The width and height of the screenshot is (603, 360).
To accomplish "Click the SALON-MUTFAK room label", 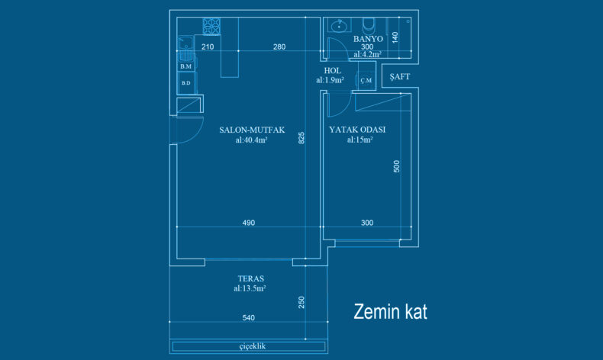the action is click(252, 130).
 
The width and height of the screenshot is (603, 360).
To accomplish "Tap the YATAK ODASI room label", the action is click(357, 130).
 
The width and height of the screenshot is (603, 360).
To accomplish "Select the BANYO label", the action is click(368, 39).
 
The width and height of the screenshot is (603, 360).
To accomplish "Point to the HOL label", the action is click(332, 71).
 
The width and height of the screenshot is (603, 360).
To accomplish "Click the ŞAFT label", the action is click(399, 76).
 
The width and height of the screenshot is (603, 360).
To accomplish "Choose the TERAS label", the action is click(250, 278).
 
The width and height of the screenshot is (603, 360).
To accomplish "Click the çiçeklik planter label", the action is click(253, 346).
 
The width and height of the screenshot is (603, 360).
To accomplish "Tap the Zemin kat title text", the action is click(390, 312).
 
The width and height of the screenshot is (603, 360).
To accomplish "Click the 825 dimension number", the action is click(301, 138).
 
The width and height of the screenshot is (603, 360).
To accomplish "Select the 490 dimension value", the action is click(248, 223).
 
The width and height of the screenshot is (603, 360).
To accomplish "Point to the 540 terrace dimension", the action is click(248, 318).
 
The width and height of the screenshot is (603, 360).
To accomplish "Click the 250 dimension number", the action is click(301, 302).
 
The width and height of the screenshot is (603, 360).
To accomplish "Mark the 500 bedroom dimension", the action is click(396, 166).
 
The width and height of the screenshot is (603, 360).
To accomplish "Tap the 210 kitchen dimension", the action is click(208, 47).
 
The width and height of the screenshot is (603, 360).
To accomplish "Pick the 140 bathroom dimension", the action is click(395, 37).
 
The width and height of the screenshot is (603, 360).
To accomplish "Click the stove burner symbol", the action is click(211, 27).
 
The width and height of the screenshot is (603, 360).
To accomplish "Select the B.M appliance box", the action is click(186, 66).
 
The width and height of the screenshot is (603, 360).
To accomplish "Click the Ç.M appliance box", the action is click(366, 80).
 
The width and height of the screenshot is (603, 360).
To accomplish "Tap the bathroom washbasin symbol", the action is click(339, 26).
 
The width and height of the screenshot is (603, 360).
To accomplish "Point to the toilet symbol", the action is click(369, 26).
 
